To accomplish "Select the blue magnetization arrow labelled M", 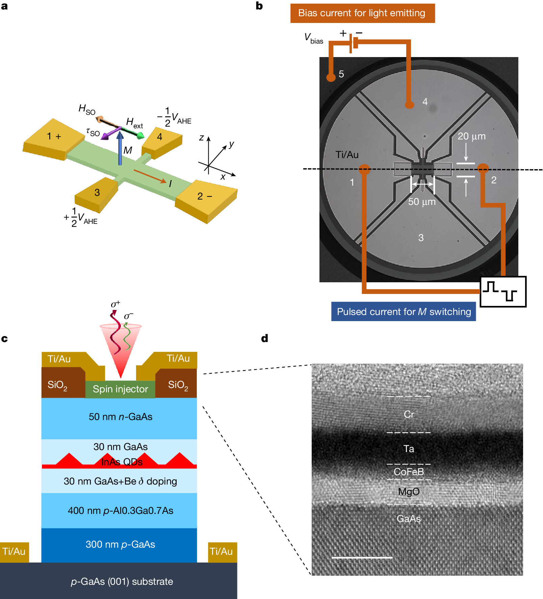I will [x=120, y=149].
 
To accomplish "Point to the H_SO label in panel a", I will [x=87, y=109].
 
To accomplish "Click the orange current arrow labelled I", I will [x=150, y=176].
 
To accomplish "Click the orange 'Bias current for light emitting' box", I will [x=362, y=13].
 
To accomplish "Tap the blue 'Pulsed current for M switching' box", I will [x=404, y=311].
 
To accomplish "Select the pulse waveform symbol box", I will [x=503, y=292].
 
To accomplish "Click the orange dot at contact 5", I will [x=331, y=77].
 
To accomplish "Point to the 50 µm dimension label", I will [x=422, y=202].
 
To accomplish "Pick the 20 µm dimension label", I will [x=471, y=136].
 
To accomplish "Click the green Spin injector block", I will [x=120, y=389].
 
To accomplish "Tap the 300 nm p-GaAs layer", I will [x=120, y=545].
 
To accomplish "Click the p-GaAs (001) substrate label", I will [x=122, y=581].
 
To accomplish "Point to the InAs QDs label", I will [x=122, y=462].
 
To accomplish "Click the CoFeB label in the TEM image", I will [x=409, y=472].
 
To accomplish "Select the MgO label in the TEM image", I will [x=409, y=492].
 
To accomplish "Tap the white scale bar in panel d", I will [x=362, y=557].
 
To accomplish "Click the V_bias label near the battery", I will [x=313, y=38].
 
